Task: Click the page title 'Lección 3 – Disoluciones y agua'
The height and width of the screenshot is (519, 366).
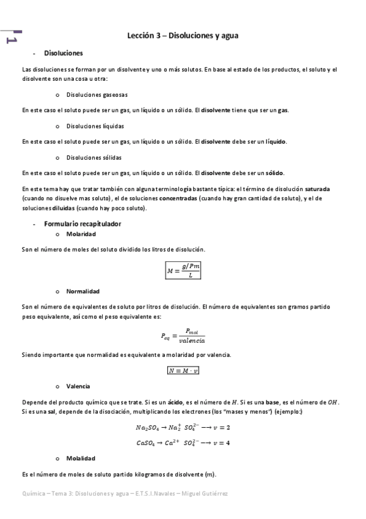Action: [183, 35]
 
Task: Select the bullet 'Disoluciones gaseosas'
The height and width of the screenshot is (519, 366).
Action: [97, 95]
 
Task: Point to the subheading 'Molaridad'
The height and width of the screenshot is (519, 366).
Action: [81, 234]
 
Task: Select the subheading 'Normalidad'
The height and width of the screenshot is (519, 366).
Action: [82, 291]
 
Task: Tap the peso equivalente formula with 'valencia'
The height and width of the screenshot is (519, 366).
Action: [183, 335]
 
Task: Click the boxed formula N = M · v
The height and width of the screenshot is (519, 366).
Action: [183, 370]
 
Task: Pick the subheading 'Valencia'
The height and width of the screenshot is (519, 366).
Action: [78, 386]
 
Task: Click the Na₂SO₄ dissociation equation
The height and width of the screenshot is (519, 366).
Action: [183, 427]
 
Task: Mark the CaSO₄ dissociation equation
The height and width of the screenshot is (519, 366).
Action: [183, 442]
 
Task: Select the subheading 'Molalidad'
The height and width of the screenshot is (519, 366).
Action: [81, 458]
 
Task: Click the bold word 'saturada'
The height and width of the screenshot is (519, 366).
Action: [318, 189]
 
